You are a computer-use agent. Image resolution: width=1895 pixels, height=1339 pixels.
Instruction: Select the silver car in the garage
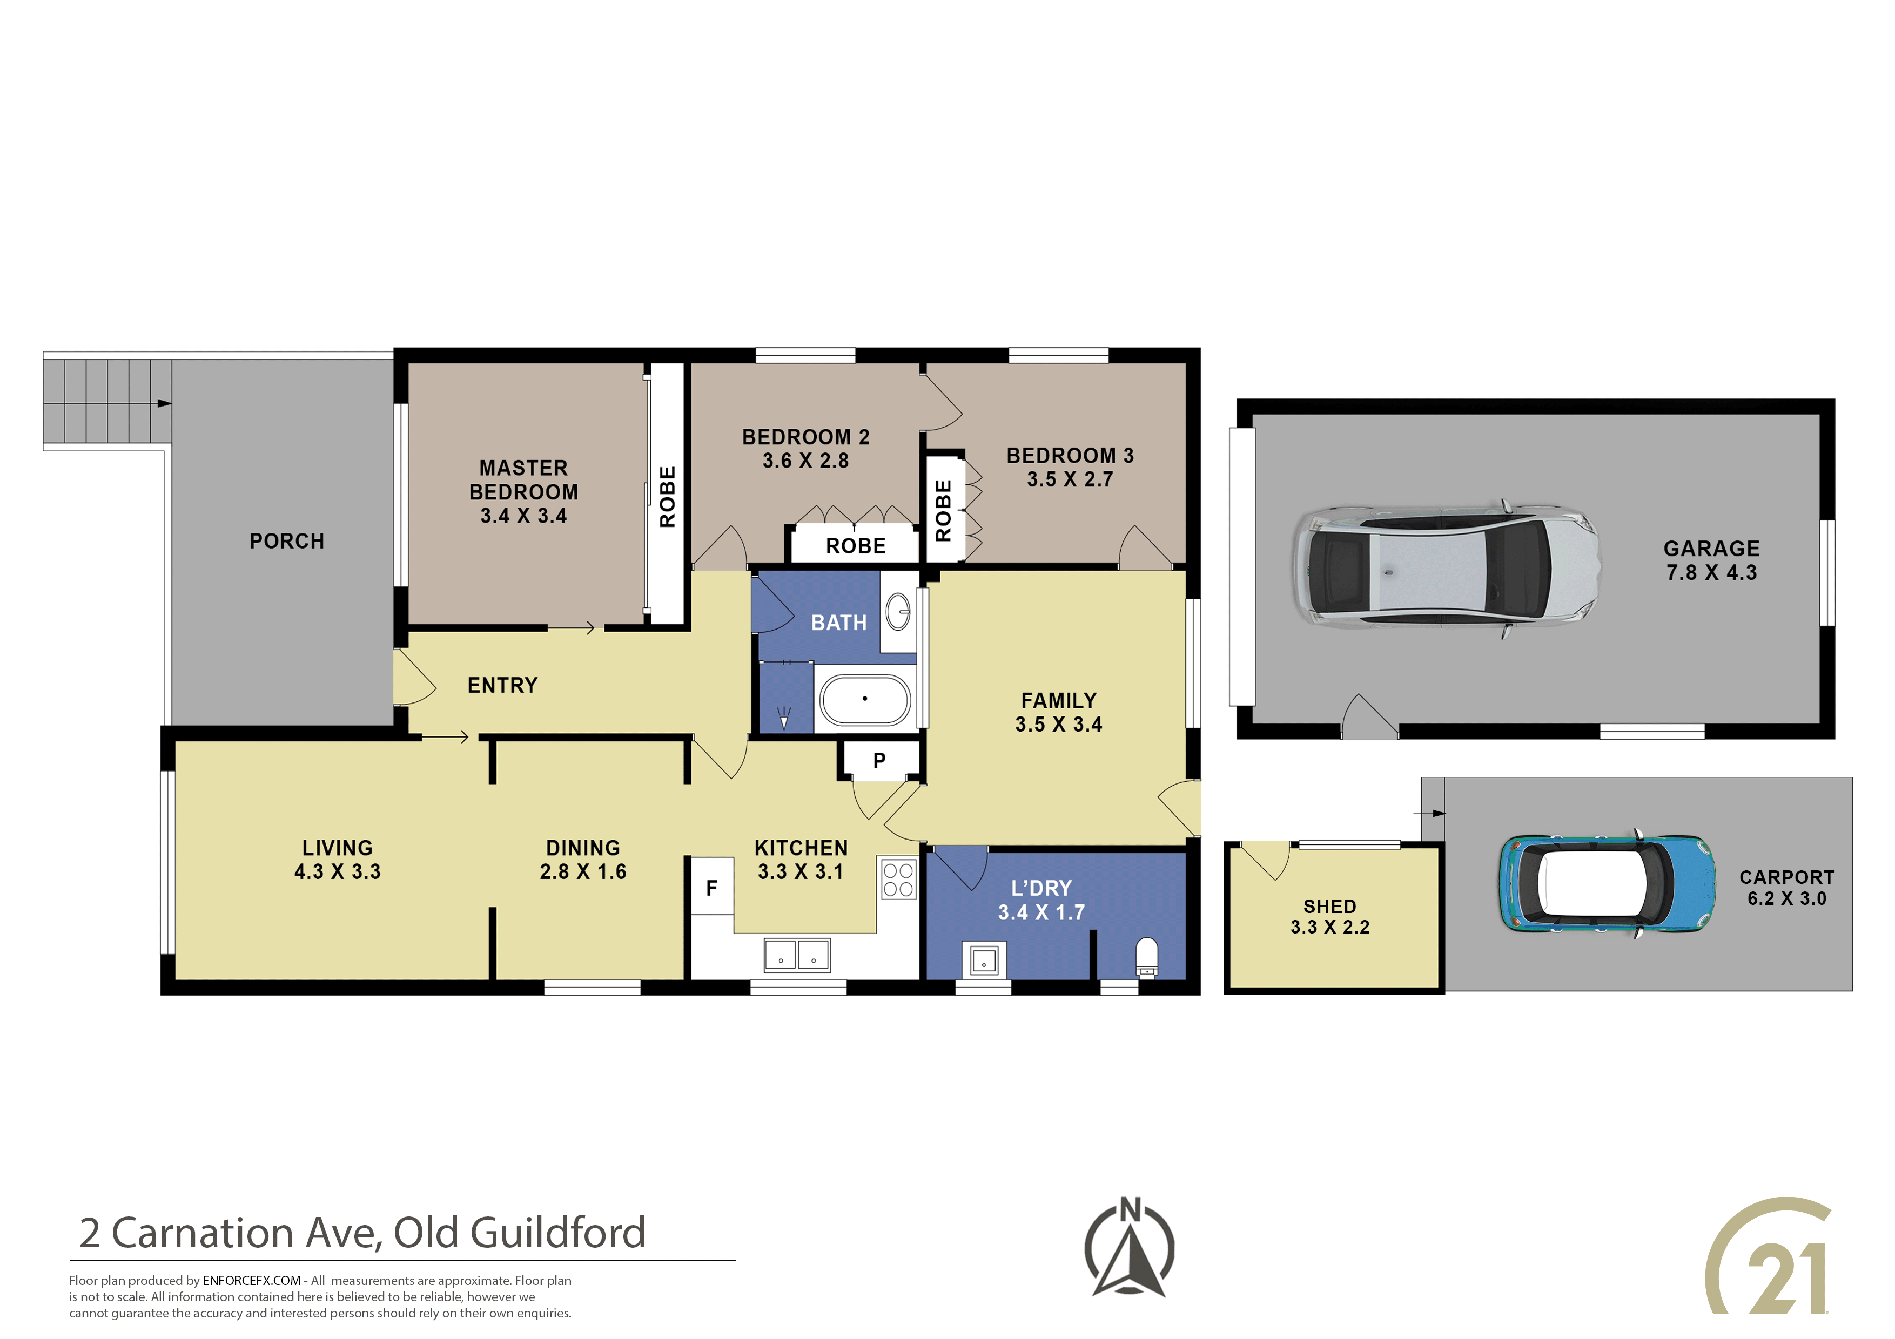(1446, 569)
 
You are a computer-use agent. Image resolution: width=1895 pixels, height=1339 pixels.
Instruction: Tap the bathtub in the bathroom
(864, 700)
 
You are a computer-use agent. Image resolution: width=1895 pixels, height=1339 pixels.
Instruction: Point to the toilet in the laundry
(1147, 958)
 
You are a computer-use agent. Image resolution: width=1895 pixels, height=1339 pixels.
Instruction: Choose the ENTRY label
(502, 686)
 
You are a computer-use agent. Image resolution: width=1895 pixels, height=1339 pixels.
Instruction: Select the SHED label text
(1329, 906)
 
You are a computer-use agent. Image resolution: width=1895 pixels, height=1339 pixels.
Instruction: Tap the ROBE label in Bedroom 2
(856, 546)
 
